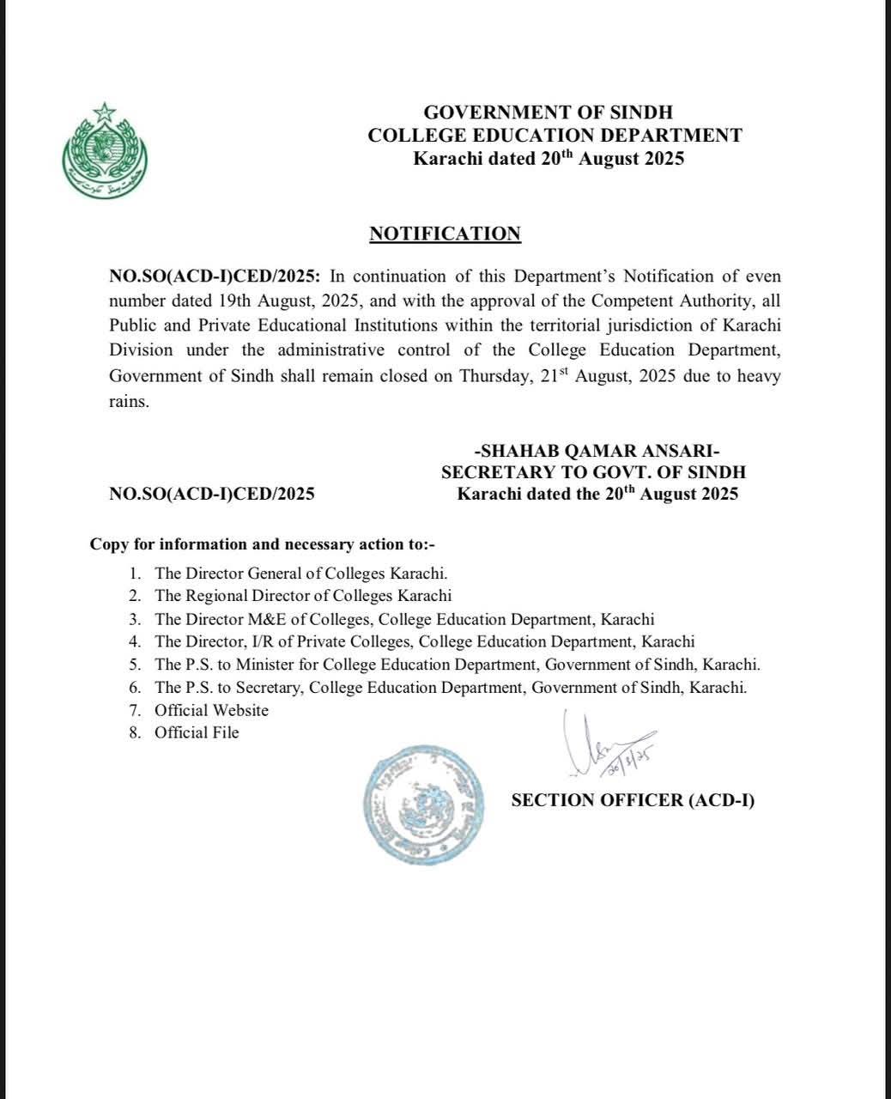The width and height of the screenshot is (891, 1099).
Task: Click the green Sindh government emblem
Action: click(x=105, y=149)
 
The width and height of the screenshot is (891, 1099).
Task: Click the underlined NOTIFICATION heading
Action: click(x=445, y=234)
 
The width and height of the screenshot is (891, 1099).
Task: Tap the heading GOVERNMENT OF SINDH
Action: click(x=549, y=112)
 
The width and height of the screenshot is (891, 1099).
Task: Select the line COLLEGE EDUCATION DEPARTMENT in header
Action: click(x=555, y=136)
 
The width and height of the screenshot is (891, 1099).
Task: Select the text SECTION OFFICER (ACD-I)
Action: click(x=633, y=800)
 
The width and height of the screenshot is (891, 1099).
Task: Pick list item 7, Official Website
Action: click(x=211, y=710)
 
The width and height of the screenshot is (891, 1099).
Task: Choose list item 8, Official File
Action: click(x=197, y=732)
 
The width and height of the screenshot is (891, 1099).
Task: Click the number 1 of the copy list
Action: click(x=135, y=573)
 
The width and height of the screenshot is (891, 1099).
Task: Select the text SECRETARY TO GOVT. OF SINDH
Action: click(x=593, y=472)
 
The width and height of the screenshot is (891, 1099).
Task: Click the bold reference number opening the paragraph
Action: click(x=215, y=276)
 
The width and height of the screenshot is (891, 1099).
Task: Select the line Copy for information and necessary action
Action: click(x=264, y=544)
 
